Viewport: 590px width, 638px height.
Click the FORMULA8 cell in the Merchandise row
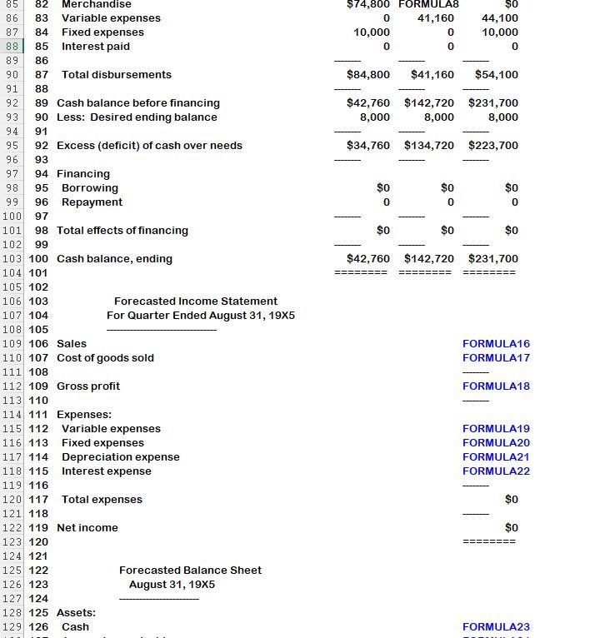pyautogui.click(x=428, y=4)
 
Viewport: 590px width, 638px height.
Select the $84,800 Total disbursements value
pyautogui.click(x=367, y=75)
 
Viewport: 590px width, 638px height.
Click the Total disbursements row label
pyautogui.click(x=116, y=75)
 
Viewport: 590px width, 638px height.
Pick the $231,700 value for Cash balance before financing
pyautogui.click(x=492, y=103)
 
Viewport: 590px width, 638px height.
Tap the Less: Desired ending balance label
pyautogui.click(x=137, y=117)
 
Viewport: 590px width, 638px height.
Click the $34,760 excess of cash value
pyautogui.click(x=367, y=146)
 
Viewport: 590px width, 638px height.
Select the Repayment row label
pyautogui.click(x=92, y=202)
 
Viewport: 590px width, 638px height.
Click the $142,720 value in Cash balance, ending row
pyautogui.click(x=428, y=259)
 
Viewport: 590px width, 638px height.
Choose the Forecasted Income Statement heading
pyautogui.click(x=195, y=302)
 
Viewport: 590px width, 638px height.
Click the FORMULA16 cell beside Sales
pyautogui.click(x=496, y=344)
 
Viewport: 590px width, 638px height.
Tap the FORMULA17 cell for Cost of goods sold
pyautogui.click(x=496, y=358)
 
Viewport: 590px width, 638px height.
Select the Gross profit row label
pyautogui.click(x=88, y=386)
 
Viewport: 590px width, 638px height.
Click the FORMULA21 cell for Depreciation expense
pyautogui.click(x=496, y=457)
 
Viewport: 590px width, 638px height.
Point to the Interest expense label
pyautogui.click(x=106, y=471)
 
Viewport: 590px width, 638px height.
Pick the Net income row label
pyautogui.click(x=87, y=528)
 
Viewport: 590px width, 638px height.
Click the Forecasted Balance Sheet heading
pyautogui.click(x=190, y=571)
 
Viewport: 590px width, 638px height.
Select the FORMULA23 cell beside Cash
pyautogui.click(x=496, y=627)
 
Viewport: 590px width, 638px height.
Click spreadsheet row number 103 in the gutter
pyautogui.click(x=12, y=259)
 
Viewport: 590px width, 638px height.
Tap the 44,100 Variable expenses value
pyautogui.click(x=499, y=18)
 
